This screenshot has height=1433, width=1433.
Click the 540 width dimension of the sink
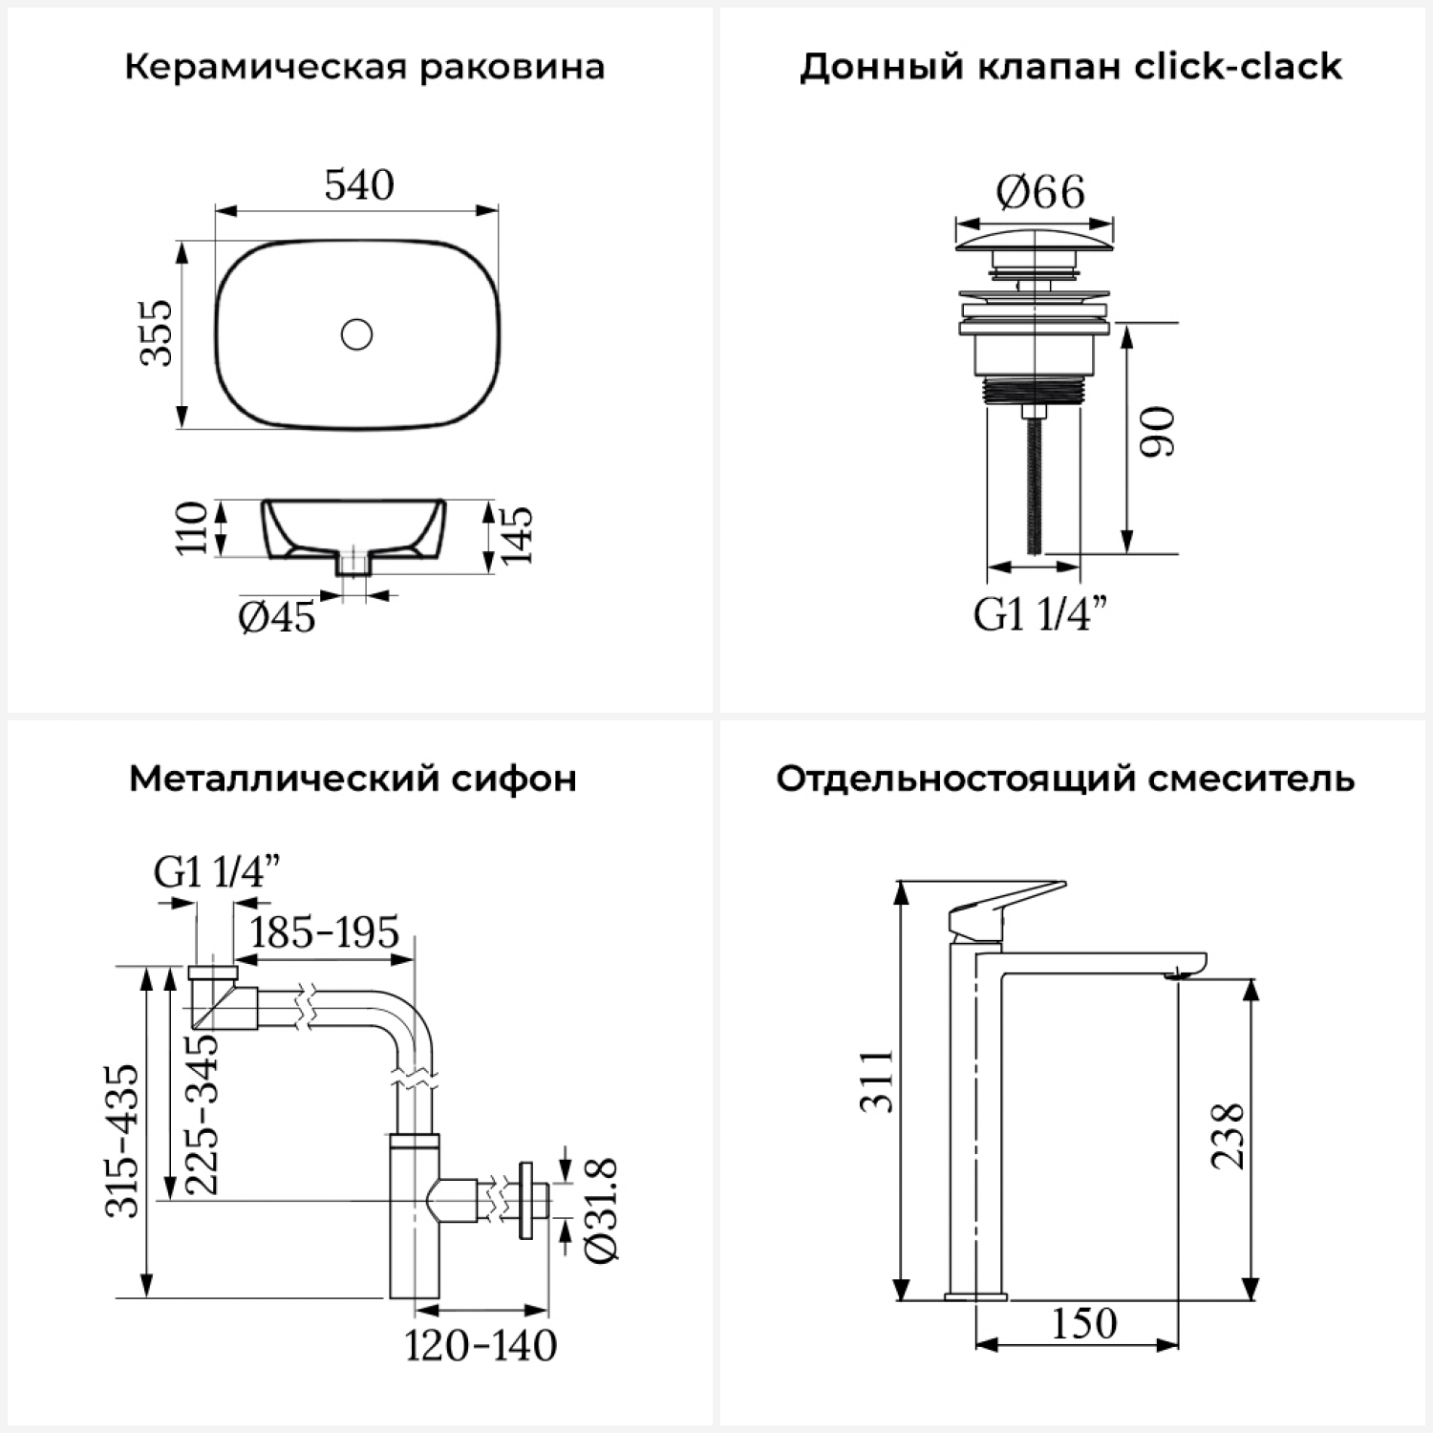[359, 184]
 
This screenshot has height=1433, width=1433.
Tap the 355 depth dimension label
[158, 332]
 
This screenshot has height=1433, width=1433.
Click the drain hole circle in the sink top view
[356, 334]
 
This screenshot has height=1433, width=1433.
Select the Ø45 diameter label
[277, 617]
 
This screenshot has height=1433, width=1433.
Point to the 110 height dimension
[191, 526]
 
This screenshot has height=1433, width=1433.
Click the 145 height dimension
[516, 535]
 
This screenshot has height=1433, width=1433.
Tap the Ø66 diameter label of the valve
[1040, 192]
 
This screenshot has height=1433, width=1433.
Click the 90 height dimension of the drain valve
[1159, 432]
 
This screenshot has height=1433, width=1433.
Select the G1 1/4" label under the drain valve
[1041, 613]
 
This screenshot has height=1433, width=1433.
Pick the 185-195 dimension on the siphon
[324, 932]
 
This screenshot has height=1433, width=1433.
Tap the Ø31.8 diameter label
[602, 1210]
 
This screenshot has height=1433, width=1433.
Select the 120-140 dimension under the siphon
[481, 1345]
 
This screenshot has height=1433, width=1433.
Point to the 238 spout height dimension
[1228, 1136]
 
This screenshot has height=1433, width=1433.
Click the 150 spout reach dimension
[1084, 1323]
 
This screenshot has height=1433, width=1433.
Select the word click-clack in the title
[1237, 67]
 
